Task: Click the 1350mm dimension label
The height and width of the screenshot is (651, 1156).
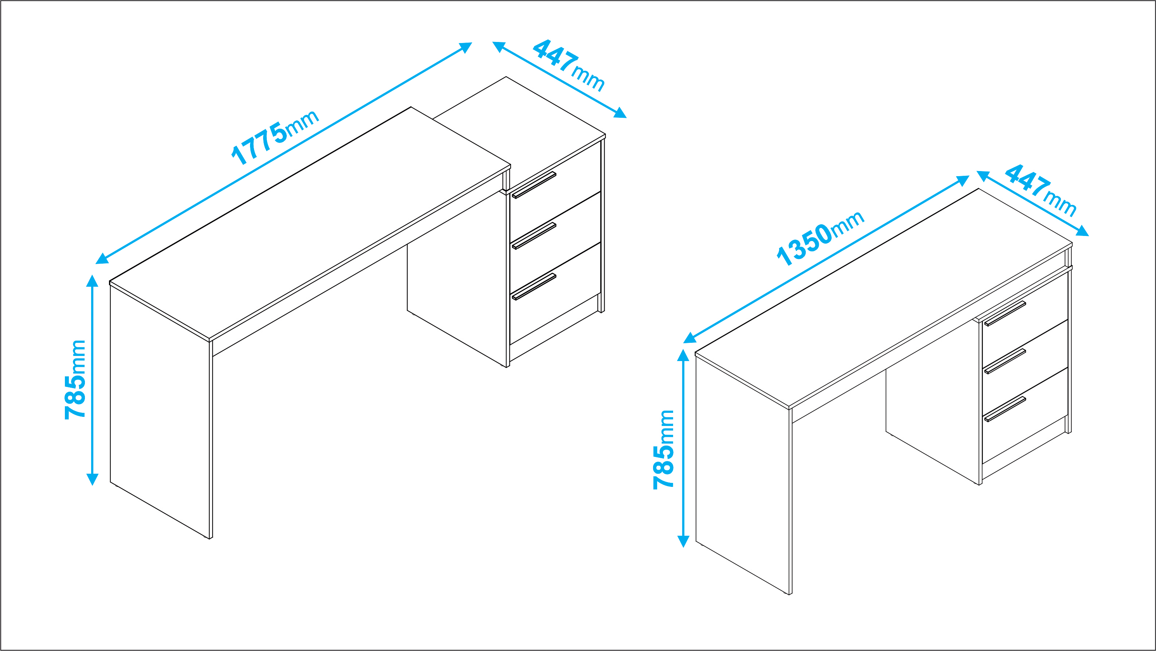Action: tap(820, 238)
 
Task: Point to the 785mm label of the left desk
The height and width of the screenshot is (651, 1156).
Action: tap(75, 380)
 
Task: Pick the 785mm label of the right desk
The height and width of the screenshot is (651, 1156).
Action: tap(664, 449)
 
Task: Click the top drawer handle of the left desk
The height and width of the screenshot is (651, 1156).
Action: tap(534, 185)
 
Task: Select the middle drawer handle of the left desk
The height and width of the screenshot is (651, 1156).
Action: tap(534, 236)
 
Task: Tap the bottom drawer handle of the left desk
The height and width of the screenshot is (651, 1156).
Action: tap(534, 286)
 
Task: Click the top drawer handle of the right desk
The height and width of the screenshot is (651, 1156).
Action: tap(1005, 313)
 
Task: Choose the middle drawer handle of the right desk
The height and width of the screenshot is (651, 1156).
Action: tap(1005, 361)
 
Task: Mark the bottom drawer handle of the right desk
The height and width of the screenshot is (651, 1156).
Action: tap(1005, 409)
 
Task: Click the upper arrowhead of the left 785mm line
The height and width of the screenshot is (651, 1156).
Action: tap(92, 281)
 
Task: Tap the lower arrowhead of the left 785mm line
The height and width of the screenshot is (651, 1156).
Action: tap(92, 480)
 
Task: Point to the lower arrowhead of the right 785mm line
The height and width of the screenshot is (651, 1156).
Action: tap(683, 542)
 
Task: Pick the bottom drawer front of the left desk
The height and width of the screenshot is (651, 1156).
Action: tap(555, 294)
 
